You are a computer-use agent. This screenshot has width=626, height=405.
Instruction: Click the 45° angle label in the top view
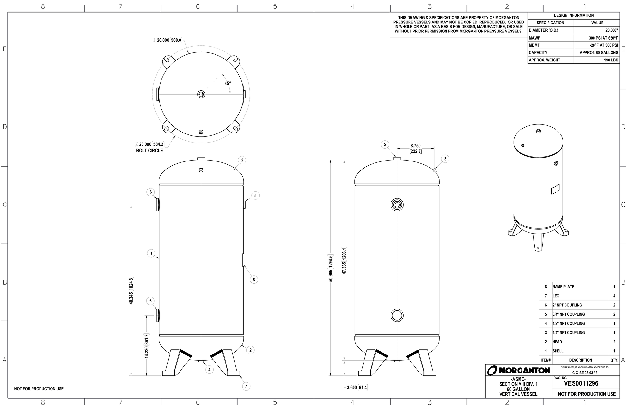coord(228,83)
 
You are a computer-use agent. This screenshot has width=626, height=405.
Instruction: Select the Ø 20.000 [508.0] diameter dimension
coord(167,40)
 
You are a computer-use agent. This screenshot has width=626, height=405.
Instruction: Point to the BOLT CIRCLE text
coord(150,151)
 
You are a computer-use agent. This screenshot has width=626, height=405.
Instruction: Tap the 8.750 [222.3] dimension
coord(415,148)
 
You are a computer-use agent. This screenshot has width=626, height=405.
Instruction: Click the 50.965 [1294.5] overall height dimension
coord(331,268)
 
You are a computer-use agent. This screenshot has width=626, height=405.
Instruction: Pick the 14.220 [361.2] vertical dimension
coord(146,346)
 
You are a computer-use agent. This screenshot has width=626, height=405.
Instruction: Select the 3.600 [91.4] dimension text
coord(357,387)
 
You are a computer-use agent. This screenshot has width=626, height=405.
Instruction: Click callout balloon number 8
coord(254,280)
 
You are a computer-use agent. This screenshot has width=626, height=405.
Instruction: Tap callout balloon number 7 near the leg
coord(246,386)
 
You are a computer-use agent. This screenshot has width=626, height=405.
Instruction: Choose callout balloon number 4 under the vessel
coord(209,370)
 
